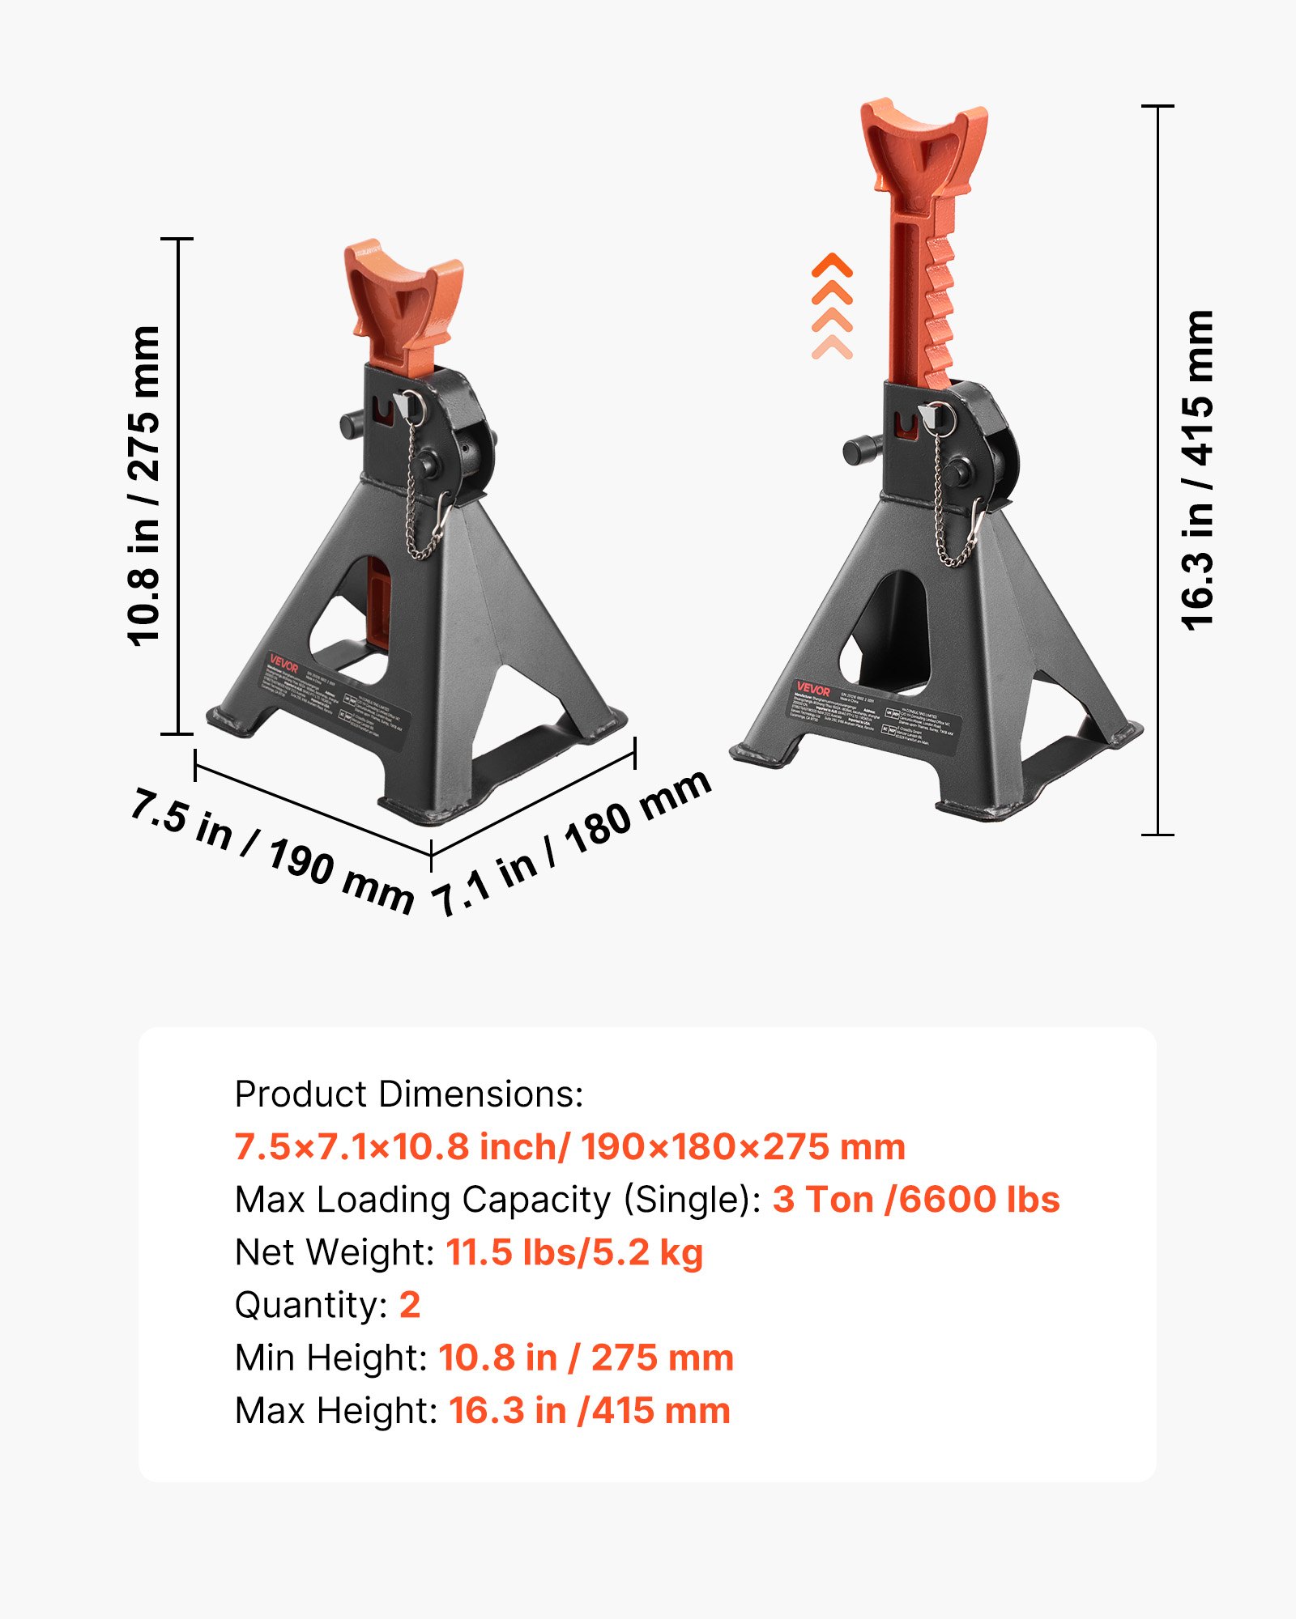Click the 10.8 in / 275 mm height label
(x=143, y=486)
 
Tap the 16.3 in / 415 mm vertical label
(x=1197, y=470)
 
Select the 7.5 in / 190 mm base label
(x=272, y=850)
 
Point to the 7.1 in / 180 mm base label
(x=572, y=842)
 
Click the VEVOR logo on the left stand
(x=283, y=665)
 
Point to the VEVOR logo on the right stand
(x=812, y=689)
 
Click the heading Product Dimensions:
(x=409, y=1094)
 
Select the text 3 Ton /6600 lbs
(x=915, y=1200)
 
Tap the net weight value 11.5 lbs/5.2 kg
(x=574, y=1252)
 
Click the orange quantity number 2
(x=410, y=1305)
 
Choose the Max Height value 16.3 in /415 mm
(x=590, y=1410)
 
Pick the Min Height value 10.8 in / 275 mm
(x=586, y=1358)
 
